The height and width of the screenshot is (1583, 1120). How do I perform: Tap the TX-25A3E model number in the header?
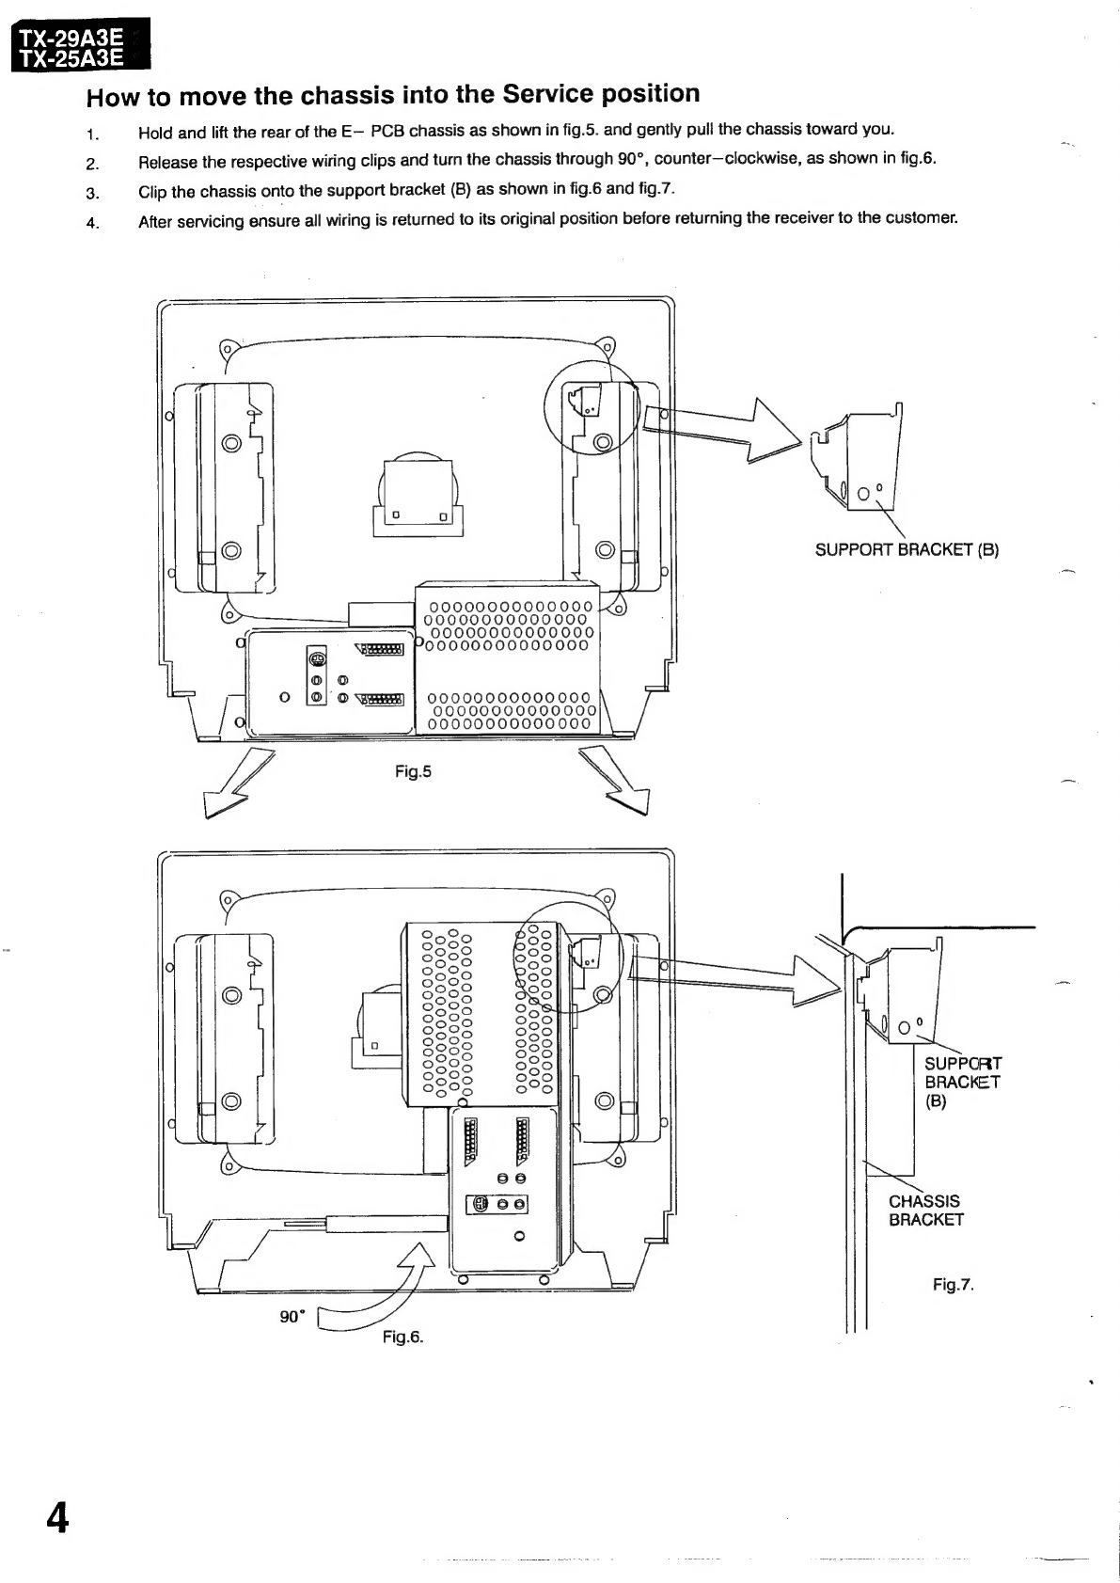click(71, 58)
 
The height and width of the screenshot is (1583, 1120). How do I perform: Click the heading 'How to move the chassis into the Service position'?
click(393, 95)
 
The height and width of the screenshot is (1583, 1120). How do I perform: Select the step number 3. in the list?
click(92, 193)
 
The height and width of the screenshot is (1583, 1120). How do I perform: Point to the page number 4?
click(57, 1517)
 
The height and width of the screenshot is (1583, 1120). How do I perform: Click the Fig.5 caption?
click(413, 771)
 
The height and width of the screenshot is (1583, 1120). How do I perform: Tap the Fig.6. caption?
click(402, 1337)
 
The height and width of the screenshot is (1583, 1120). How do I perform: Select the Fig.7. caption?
click(954, 1284)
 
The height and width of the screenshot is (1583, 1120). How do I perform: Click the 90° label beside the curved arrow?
click(292, 1317)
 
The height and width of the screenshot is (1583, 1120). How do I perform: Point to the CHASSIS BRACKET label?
click(925, 1210)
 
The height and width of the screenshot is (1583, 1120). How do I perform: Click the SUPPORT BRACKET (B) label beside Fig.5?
click(907, 550)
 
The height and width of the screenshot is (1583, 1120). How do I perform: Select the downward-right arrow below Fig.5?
click(615, 781)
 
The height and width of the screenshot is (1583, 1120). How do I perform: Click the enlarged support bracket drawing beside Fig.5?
click(857, 456)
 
